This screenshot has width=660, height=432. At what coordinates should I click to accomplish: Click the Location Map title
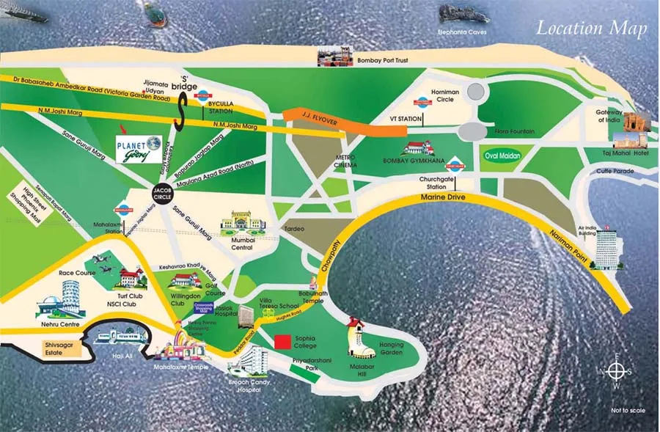coord(591,29)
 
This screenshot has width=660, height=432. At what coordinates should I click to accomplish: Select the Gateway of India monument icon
coord(637,133)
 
